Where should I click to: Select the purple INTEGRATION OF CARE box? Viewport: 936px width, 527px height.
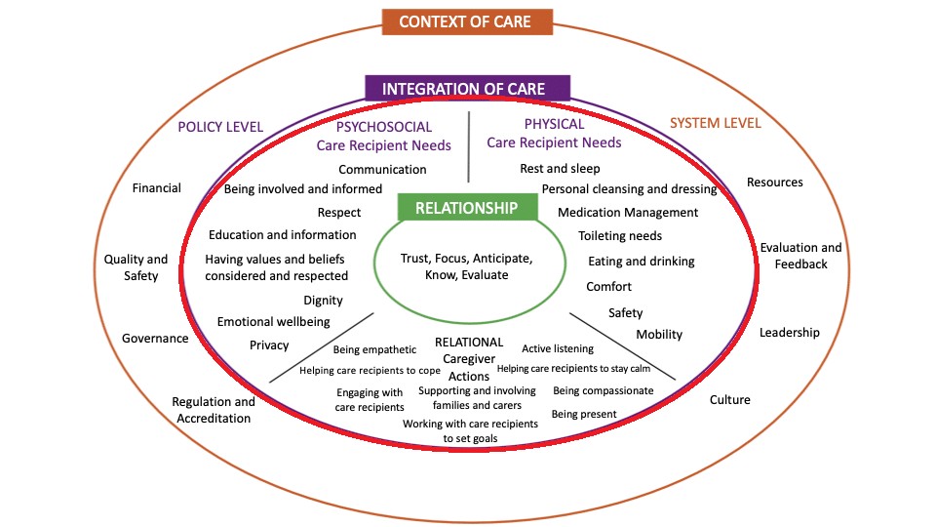coord(468,89)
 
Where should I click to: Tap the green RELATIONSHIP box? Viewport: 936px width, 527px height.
coord(467,208)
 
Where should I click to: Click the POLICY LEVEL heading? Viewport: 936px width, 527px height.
coord(220,126)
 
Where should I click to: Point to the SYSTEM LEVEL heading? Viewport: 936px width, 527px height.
coord(715,123)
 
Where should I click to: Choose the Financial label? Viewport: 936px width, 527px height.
coord(157,188)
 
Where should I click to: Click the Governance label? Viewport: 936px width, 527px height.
coord(155,339)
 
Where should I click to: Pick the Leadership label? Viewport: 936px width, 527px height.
coord(790,332)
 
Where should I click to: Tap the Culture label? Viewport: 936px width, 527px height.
coord(730,399)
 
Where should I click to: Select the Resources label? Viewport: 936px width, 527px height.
coord(775,182)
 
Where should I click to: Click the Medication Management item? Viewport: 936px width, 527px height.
coord(628,213)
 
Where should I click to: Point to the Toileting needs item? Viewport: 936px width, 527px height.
coord(620,236)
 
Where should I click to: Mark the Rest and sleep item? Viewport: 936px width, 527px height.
coord(560,169)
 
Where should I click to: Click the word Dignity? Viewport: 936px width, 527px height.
coord(323,301)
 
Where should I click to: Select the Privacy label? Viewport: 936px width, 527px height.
coord(269,345)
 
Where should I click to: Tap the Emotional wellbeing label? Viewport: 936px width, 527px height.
coord(273,322)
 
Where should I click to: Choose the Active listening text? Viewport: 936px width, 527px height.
coord(558,348)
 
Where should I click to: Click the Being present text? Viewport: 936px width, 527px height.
coord(584,414)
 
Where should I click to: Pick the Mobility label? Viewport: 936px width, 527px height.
coord(659,335)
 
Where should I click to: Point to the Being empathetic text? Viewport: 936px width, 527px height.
coord(374,349)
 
